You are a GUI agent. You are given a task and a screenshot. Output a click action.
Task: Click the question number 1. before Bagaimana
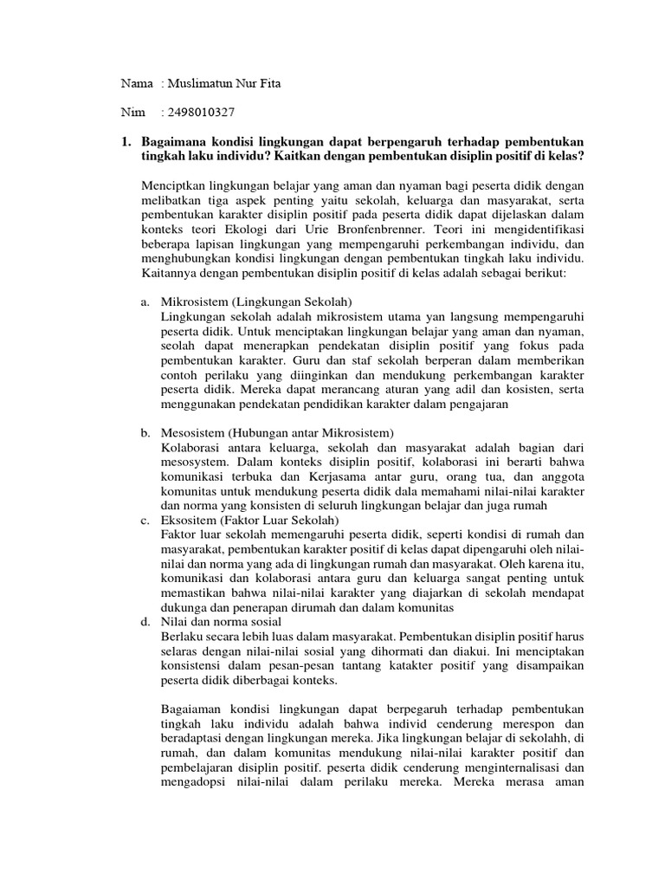(126, 141)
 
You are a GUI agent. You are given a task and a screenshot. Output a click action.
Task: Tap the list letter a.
(145, 301)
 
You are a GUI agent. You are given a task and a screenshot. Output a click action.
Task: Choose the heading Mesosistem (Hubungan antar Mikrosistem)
(278, 432)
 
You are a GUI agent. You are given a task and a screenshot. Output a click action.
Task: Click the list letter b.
(145, 432)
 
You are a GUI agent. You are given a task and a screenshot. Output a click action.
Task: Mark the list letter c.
(145, 520)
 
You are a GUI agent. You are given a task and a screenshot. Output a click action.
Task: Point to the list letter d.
(145, 622)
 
